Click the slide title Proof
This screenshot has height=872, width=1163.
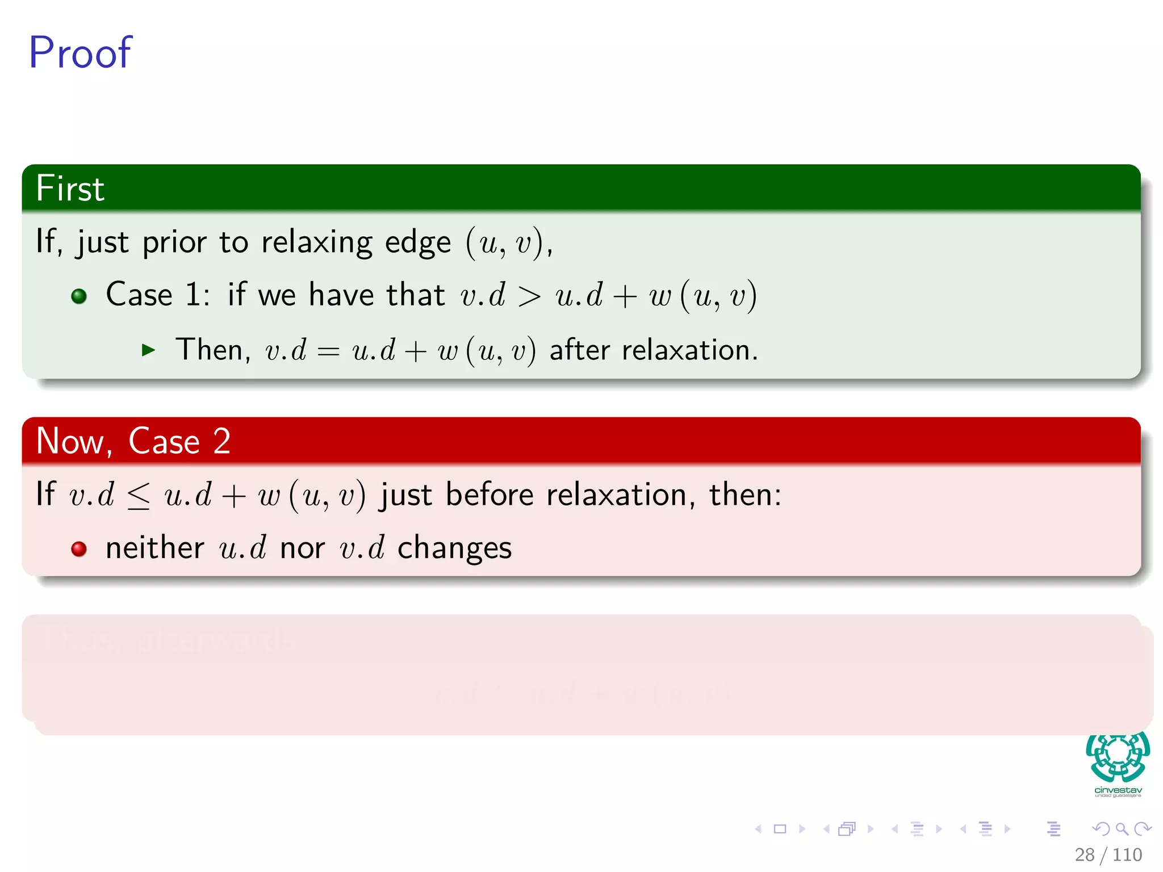click(80, 53)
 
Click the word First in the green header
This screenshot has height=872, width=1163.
click(70, 188)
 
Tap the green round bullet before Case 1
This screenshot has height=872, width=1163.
click(79, 296)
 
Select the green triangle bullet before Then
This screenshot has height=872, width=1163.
click(148, 350)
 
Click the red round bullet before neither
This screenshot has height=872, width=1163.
click(79, 549)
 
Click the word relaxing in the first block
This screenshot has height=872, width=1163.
click(316, 242)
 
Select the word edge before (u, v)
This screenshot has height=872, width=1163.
click(417, 243)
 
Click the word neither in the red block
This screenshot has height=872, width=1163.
click(154, 548)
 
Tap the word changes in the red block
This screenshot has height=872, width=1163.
click(454, 549)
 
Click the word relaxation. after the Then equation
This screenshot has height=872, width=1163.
click(689, 350)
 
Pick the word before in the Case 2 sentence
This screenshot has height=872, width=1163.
click(489, 494)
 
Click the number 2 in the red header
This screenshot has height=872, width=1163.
click(221, 441)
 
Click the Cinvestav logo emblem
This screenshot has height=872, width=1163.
click(1118, 757)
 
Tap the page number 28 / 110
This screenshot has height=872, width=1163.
click(1108, 854)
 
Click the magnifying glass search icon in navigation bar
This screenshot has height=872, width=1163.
click(1122, 829)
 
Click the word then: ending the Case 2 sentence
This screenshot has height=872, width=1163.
click(744, 494)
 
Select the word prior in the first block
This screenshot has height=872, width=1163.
click(174, 243)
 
